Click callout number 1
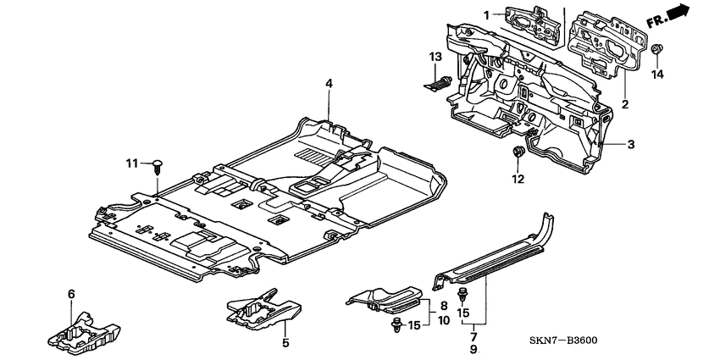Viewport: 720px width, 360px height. point(487,14)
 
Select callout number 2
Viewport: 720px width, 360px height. point(624,105)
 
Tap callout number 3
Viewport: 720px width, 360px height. point(631,145)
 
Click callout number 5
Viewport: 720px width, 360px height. point(285,343)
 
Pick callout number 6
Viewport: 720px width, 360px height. point(71,293)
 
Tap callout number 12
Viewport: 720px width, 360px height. point(518,179)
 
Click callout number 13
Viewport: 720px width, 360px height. point(435,56)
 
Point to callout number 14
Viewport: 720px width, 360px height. point(658,74)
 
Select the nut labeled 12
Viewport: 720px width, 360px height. point(517,154)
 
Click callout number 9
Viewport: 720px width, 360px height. point(474,349)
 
